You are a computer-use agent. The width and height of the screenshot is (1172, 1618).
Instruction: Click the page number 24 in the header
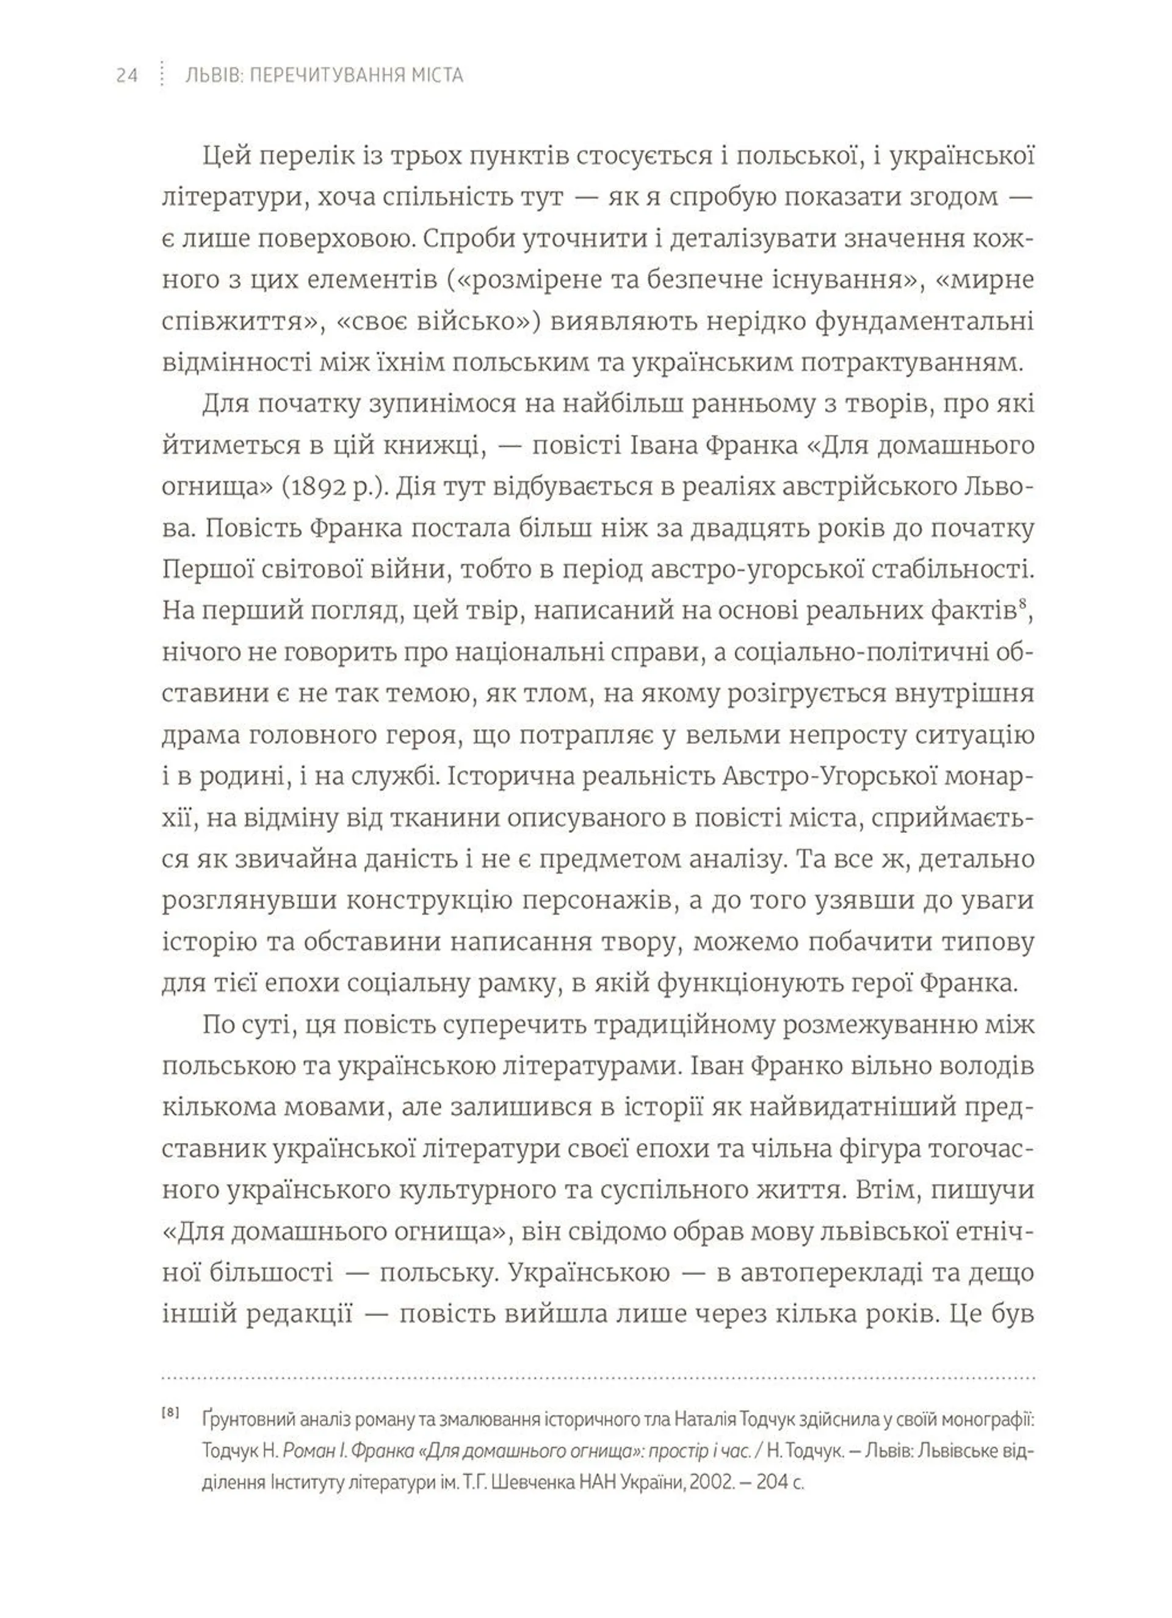tap(126, 75)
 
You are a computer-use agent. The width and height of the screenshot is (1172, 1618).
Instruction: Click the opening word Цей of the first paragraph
tap(225, 156)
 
